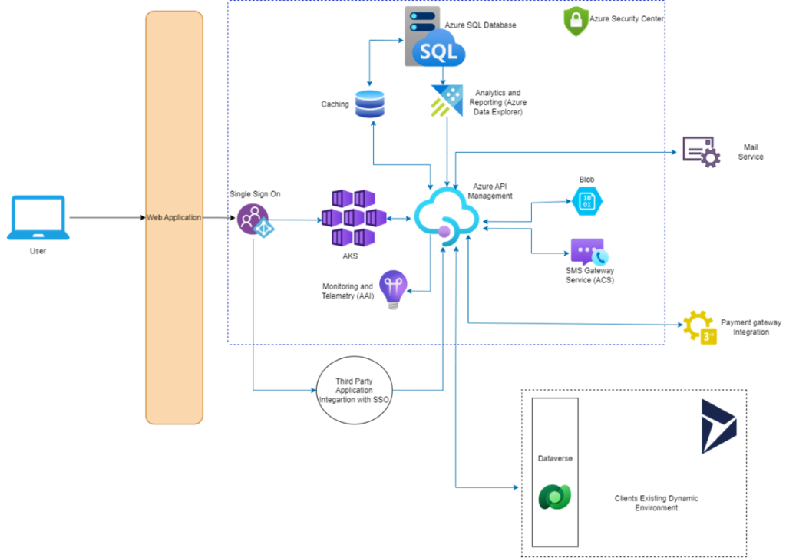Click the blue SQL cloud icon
tap(438, 52)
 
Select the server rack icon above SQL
tap(422, 21)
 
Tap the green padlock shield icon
tap(576, 21)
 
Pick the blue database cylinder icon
tap(370, 104)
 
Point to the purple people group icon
tap(250, 218)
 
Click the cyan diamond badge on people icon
tap(264, 228)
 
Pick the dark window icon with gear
tap(701, 152)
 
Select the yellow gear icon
tap(699, 329)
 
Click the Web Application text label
tap(174, 218)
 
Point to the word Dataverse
tap(555, 458)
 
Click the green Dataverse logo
tap(554, 497)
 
